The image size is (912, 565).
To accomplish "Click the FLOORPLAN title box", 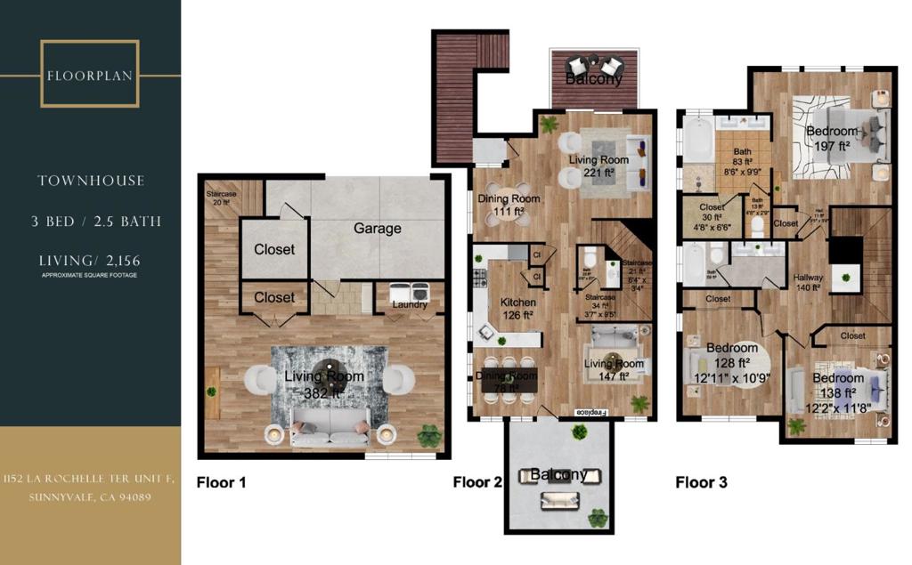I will [89, 74].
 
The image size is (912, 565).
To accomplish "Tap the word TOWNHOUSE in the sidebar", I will [90, 181].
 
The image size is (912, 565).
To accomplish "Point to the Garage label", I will [377, 229].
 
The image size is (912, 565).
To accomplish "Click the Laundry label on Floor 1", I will [410, 305].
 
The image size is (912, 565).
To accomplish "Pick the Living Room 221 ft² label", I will [599, 166].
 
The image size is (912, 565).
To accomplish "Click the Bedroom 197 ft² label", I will [832, 137].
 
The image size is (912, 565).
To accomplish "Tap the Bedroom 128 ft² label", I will [731, 354].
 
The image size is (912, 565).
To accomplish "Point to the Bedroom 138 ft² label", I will [837, 384].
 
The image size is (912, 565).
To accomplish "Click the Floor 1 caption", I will [220, 483].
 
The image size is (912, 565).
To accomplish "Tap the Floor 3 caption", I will [701, 483].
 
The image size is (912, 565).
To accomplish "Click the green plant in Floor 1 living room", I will [429, 435].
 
